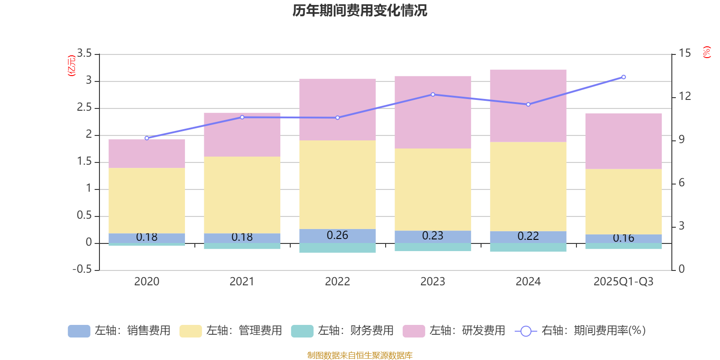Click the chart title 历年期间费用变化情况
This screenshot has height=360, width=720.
click(x=360, y=10)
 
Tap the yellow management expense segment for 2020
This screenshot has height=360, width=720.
click(x=147, y=200)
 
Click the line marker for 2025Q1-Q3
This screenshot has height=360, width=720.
click(x=624, y=77)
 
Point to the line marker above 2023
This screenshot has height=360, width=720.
click(x=433, y=94)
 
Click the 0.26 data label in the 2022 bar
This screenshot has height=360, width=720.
click(x=337, y=235)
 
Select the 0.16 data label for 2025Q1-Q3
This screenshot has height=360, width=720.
click(x=624, y=238)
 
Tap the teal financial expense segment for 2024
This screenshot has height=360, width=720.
click(x=528, y=247)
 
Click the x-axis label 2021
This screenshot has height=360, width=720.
click(x=242, y=282)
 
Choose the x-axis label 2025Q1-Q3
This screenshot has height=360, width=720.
click(x=624, y=282)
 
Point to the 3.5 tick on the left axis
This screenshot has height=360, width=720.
click(x=84, y=54)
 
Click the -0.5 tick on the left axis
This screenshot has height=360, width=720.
click(x=82, y=269)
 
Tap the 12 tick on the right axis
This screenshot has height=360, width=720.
click(x=685, y=96)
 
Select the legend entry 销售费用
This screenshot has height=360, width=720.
click(x=119, y=331)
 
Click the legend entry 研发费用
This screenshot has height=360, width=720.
click(x=454, y=331)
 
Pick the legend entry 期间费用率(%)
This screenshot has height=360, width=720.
click(x=580, y=331)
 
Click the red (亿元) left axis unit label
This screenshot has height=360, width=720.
click(x=71, y=66)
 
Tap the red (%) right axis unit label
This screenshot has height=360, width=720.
click(x=706, y=52)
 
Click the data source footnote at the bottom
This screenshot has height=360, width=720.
click(x=360, y=355)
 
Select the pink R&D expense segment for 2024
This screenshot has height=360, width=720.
click(x=528, y=106)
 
